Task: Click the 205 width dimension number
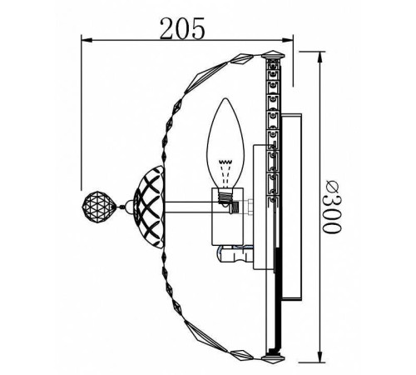(182, 28)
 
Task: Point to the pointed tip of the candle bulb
(225, 102)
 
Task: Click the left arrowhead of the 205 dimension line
(84, 39)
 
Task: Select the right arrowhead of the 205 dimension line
(292, 39)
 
